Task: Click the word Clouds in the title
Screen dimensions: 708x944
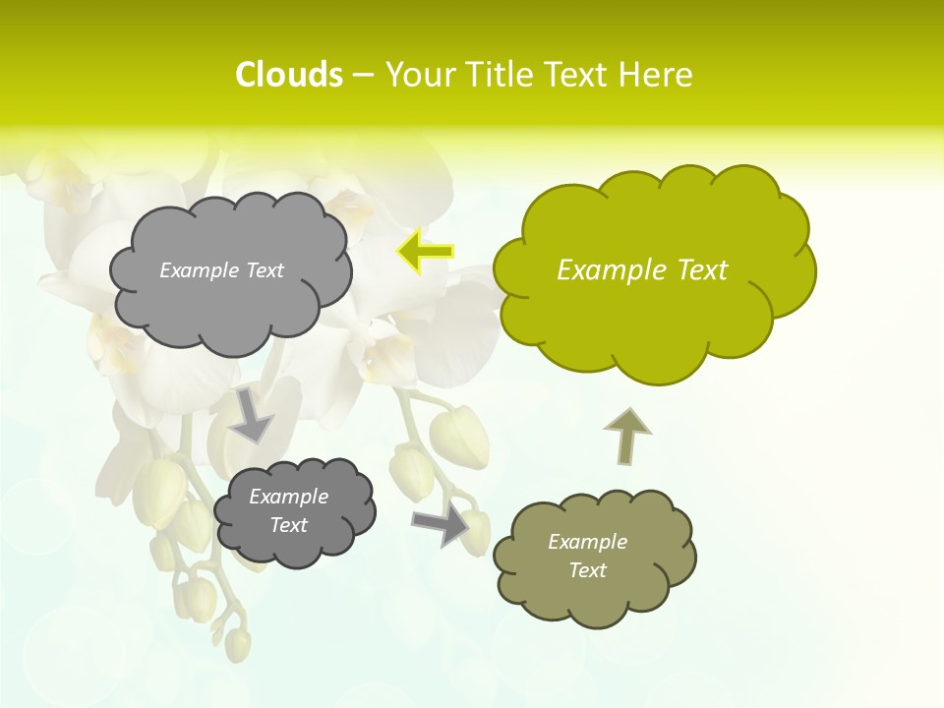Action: pyautogui.click(x=288, y=75)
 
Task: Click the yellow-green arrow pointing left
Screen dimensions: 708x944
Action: pyautogui.click(x=425, y=252)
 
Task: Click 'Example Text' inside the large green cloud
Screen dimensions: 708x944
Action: pyautogui.click(x=642, y=270)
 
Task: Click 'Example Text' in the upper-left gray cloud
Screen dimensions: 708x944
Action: pyautogui.click(x=221, y=270)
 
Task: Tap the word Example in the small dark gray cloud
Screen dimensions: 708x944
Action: pyautogui.click(x=288, y=497)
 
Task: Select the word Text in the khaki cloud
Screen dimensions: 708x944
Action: pyautogui.click(x=587, y=570)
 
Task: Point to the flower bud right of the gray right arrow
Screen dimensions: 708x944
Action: pyautogui.click(x=476, y=531)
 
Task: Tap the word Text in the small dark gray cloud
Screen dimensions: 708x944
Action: pyautogui.click(x=288, y=525)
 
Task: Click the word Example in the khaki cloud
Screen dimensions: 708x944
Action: pyautogui.click(x=587, y=542)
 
